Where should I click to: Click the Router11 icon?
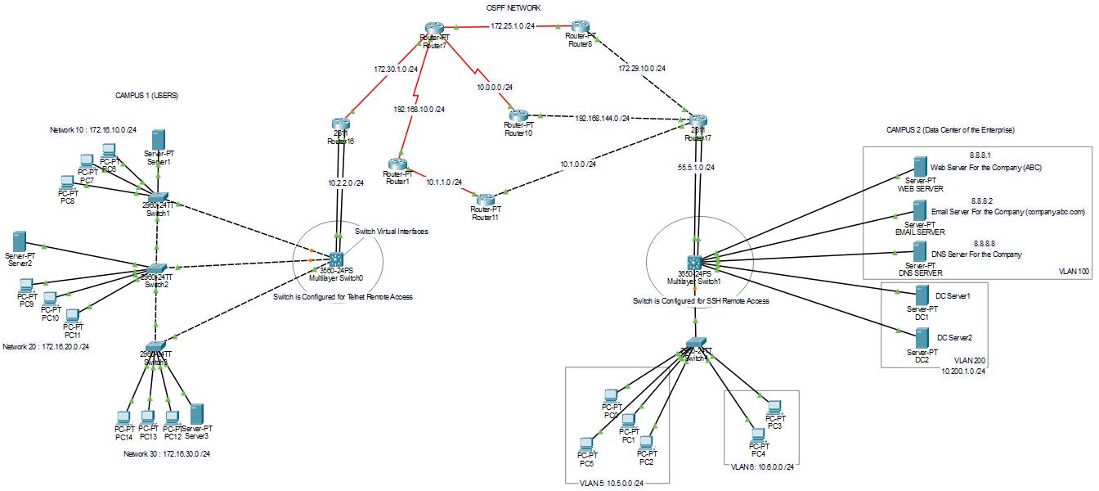(x=486, y=199)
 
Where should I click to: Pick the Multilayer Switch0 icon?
(x=336, y=259)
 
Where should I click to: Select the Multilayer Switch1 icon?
(x=695, y=263)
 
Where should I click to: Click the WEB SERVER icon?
(x=920, y=170)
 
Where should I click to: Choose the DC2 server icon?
(x=922, y=337)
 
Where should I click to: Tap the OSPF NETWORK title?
(x=513, y=7)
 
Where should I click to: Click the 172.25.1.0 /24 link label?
(x=514, y=26)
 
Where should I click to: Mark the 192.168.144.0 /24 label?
(x=603, y=118)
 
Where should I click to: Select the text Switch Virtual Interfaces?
(x=391, y=232)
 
